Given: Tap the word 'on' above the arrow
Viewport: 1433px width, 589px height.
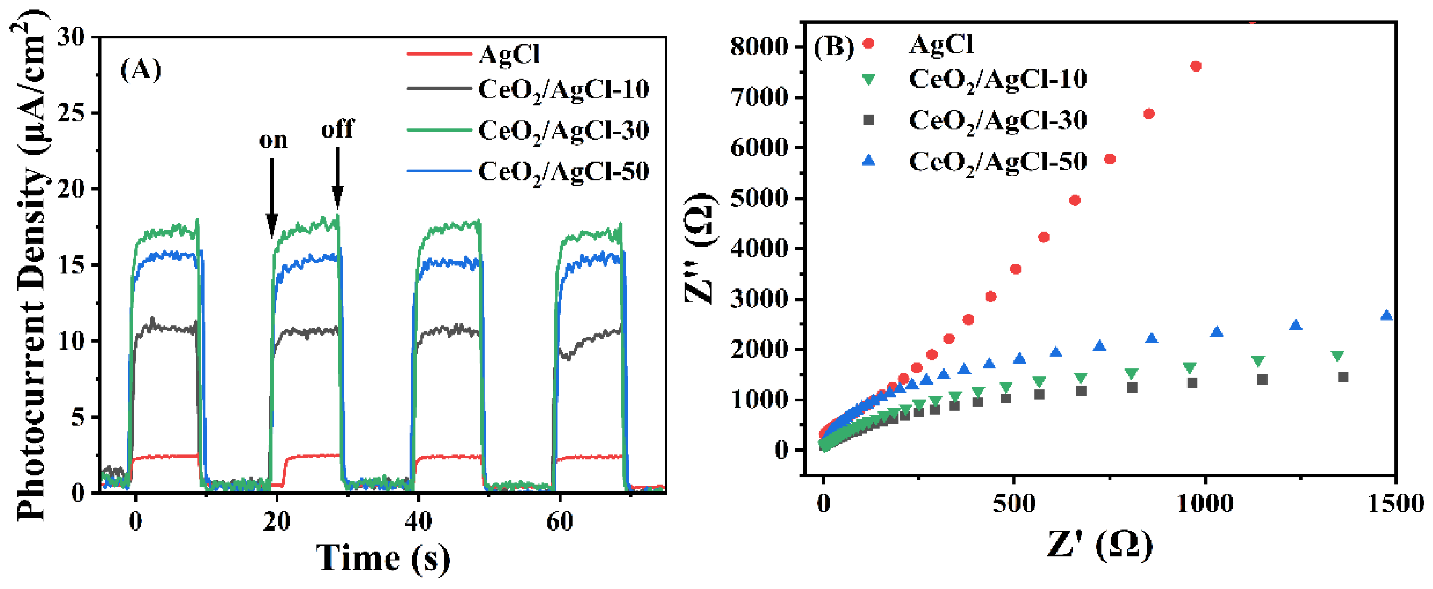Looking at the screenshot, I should click(273, 140).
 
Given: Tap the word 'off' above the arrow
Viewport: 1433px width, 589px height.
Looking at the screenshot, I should click(337, 129).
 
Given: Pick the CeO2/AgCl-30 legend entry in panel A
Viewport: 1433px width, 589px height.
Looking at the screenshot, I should click(563, 131).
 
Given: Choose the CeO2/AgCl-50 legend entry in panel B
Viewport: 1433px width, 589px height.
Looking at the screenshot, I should click(997, 161).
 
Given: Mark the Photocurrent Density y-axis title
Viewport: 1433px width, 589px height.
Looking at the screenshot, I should click(31, 267).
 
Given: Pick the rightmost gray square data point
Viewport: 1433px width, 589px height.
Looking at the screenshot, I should click(1343, 377).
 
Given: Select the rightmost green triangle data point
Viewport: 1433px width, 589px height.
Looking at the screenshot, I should click(1337, 356).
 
